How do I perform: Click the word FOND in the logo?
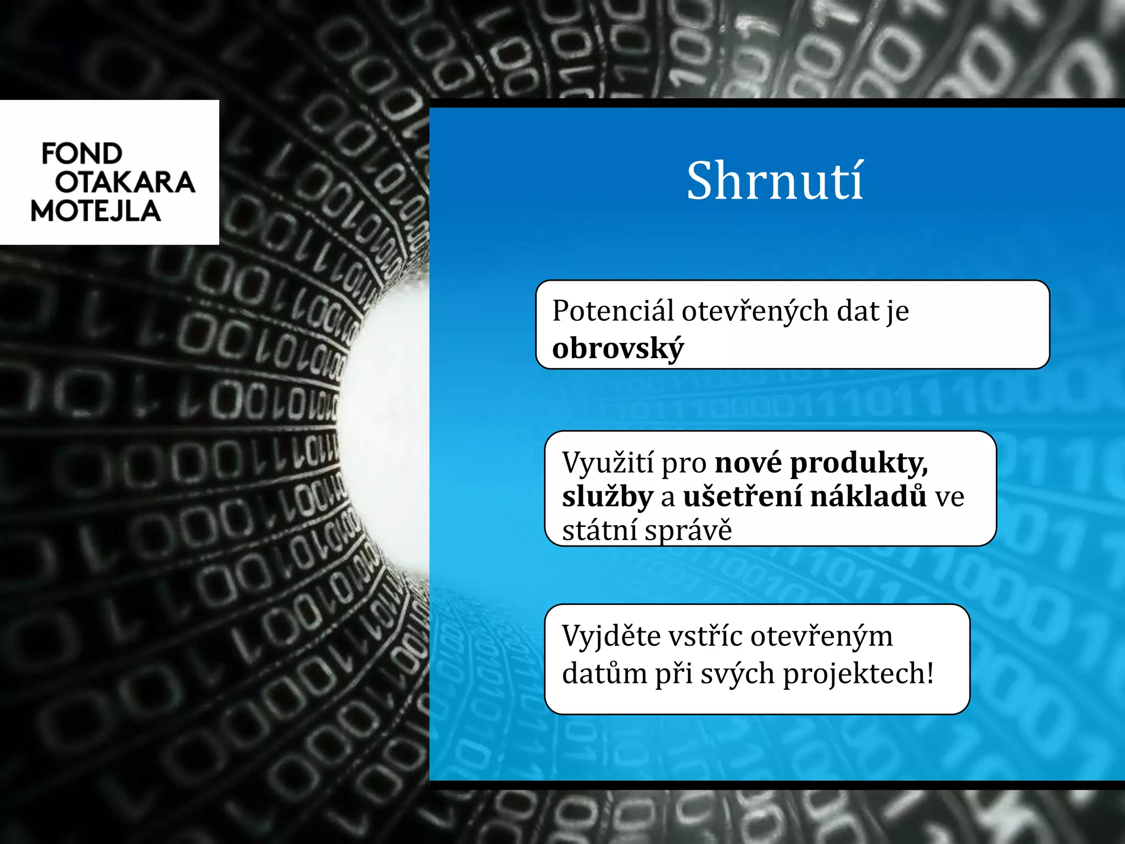82,153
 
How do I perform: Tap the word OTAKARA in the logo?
125,182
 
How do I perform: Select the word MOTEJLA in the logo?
96,212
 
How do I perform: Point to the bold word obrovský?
618,348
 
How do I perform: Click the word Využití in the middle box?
608,463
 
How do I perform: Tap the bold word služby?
608,497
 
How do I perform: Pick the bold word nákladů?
868,496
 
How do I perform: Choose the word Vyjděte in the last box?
612,637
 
